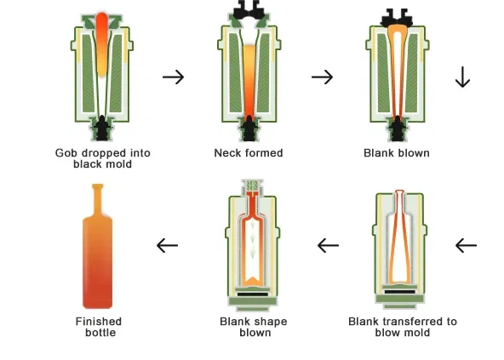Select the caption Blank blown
pyautogui.click(x=397, y=152)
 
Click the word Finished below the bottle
pyautogui.click(x=99, y=321)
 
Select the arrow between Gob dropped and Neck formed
pyautogui.click(x=174, y=77)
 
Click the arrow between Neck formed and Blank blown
pyautogui.click(x=322, y=77)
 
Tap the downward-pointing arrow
pyautogui.click(x=462, y=77)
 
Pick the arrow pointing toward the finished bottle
pyautogui.click(x=167, y=246)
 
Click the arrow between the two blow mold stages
pyautogui.click(x=328, y=246)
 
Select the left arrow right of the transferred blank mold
pyautogui.click(x=466, y=246)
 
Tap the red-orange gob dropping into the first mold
pyautogui.click(x=102, y=44)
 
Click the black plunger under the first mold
pyautogui.click(x=102, y=128)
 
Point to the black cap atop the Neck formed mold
pyautogui.click(x=249, y=9)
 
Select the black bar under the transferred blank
pyautogui.click(x=400, y=292)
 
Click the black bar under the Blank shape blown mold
pyautogui.click(x=253, y=294)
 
